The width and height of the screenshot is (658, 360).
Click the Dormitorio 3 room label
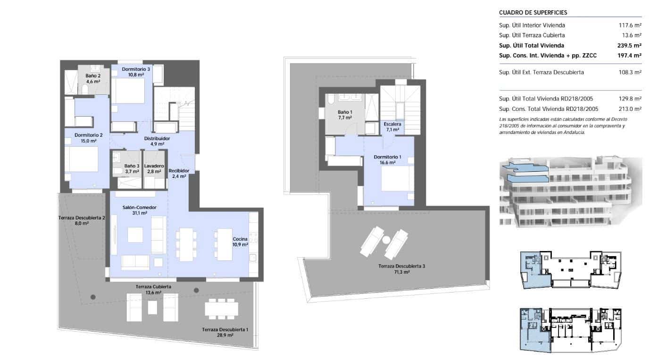[x=133, y=69]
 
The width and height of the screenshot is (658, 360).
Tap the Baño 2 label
[x=93, y=75]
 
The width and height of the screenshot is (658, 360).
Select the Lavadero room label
[x=154, y=166]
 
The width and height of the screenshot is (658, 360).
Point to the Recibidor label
[x=179, y=170]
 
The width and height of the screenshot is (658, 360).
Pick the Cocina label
[x=240, y=239]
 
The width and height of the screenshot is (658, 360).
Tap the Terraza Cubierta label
[x=153, y=286]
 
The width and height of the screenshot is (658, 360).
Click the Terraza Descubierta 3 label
[x=401, y=266]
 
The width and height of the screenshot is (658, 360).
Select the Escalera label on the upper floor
[x=392, y=124]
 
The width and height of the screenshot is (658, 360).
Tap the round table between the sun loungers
[x=387, y=240]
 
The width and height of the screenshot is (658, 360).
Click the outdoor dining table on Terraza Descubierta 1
[x=221, y=309]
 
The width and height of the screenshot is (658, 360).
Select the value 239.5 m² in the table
[x=631, y=46]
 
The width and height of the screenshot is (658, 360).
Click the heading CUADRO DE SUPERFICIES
[x=533, y=13]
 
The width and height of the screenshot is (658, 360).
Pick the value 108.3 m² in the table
[x=631, y=72]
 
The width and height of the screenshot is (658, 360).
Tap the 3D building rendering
[x=570, y=192]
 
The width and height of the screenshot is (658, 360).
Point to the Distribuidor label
[x=157, y=139]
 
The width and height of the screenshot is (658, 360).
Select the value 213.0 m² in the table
[x=631, y=109]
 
